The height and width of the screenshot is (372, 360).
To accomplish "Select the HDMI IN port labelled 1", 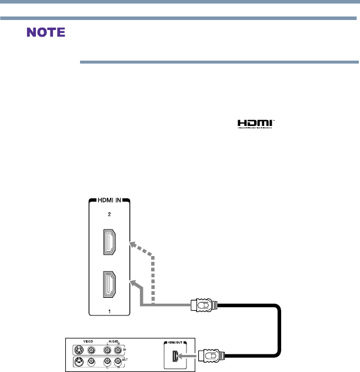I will pyautogui.click(x=109, y=285).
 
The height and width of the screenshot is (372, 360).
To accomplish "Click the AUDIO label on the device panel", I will pyautogui.click(x=114, y=341).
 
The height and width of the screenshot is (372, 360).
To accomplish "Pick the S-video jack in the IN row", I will pyautogui.click(x=77, y=350).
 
